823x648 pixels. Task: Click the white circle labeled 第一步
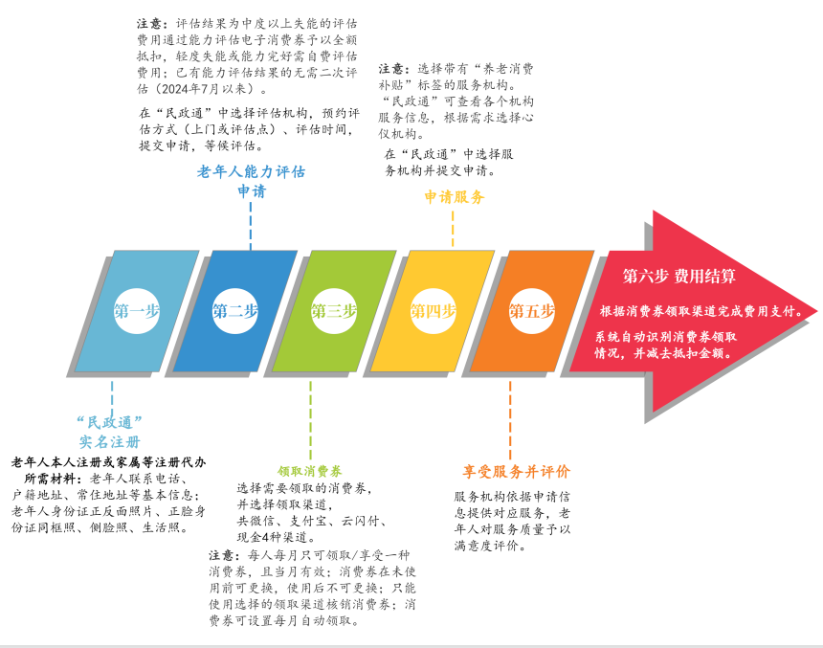coord(137,311)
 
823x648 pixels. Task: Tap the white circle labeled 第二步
coord(235,311)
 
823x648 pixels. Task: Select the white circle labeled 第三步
coord(334,311)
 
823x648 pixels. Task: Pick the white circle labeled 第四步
coord(433,311)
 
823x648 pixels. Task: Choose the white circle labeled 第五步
coord(532,311)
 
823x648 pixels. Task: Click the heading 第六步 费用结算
coord(678,276)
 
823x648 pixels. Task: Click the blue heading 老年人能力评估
coord(251,171)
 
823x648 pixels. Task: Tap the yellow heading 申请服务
coord(454,197)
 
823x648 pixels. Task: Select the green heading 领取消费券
coord(310,471)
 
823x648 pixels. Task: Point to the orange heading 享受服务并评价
coord(516,472)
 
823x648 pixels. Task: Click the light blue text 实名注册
coord(110,442)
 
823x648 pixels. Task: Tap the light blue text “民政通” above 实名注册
coord(110,422)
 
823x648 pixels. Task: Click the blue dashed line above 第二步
coord(251,226)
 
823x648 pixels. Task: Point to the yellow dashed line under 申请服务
coord(453,229)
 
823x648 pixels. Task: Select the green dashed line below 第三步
coord(310,420)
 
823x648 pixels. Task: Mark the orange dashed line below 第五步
coord(510,420)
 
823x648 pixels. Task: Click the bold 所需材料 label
coord(50,479)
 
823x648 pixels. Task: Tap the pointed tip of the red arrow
coord(816,311)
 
